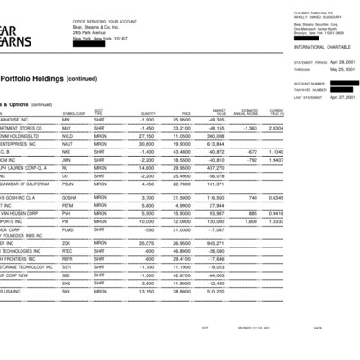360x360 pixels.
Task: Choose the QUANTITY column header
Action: (x=148, y=113)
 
